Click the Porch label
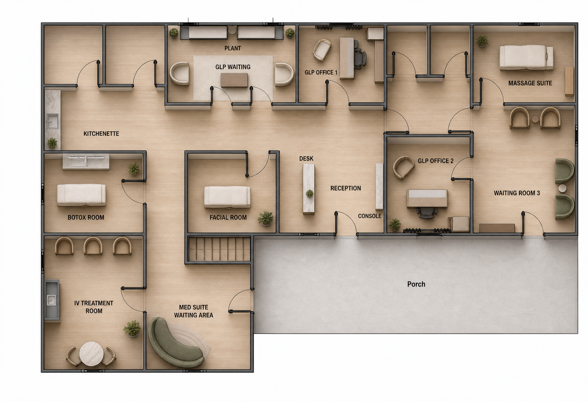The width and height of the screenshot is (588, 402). pos(416,284)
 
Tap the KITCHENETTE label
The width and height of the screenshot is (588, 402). pos(101,134)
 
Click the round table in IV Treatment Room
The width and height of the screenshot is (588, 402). pos(91,354)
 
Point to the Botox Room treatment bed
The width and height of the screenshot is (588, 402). pos(82,195)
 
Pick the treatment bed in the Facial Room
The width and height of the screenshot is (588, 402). pos(227,197)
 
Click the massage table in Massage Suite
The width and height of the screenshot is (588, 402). pos(526,57)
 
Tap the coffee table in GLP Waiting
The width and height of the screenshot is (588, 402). pos(234,80)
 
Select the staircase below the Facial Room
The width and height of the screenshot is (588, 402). pos(219,249)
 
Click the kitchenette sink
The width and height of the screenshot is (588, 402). pos(52,121)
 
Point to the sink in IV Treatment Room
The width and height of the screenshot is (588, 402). pos(51,300)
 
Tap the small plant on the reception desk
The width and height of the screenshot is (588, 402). pos(310,193)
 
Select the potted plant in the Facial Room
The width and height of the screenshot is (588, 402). pos(266,218)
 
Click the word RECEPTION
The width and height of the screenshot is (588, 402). pos(346,188)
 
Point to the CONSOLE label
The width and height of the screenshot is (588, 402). pos(370,216)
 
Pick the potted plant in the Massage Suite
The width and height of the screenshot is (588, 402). pos(482,41)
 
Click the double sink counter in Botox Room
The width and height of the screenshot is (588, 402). pos(86,162)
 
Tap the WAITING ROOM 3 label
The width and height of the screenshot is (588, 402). pos(517,193)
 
